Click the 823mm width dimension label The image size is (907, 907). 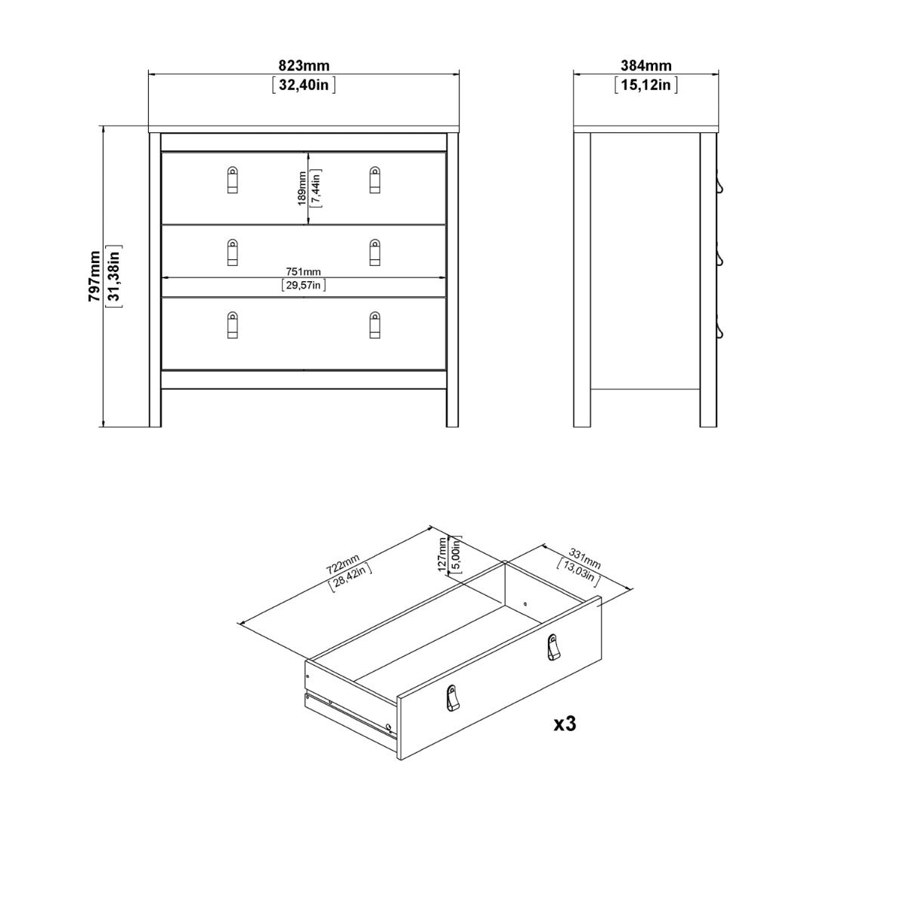(303, 67)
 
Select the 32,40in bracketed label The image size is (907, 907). (303, 85)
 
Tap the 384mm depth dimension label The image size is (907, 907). (646, 67)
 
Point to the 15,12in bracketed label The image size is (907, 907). (646, 85)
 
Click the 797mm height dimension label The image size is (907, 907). (95, 276)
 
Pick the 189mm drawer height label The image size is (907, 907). (302, 188)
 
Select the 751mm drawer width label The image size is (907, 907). (303, 272)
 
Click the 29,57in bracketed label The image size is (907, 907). (303, 285)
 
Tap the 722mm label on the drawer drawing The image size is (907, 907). (342, 565)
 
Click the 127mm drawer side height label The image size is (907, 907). (444, 556)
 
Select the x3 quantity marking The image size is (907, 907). (565, 724)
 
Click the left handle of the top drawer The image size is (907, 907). (233, 180)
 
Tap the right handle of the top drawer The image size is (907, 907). (375, 180)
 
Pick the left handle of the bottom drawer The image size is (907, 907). (233, 325)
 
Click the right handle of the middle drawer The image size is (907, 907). (375, 252)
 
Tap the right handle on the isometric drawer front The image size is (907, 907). (553, 647)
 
